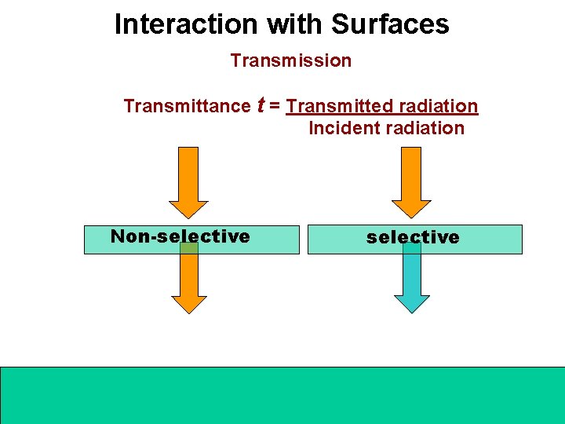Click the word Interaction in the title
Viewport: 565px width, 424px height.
pos(186,24)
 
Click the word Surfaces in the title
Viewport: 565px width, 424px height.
pos(390,24)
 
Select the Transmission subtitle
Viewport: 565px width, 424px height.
pos(290,60)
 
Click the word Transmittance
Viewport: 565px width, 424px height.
pos(186,106)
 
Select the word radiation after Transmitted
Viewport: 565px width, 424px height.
pos(439,106)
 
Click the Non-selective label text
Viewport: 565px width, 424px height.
pos(180,236)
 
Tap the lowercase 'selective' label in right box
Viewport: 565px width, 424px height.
pos(413,237)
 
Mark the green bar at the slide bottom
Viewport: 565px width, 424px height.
pos(282,394)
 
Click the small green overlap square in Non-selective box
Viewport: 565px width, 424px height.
pos(188,247)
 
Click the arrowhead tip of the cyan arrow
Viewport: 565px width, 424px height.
pos(411,310)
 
